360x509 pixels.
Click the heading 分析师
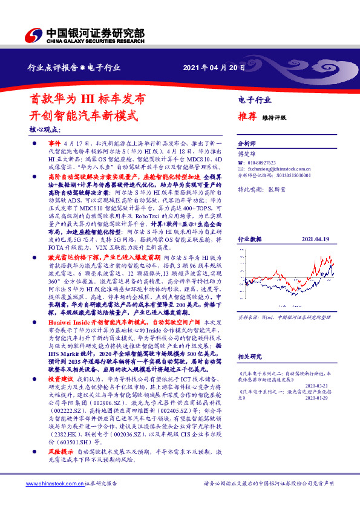pyautogui.click(x=246, y=144)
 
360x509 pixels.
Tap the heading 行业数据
pyautogui.click(x=249, y=206)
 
